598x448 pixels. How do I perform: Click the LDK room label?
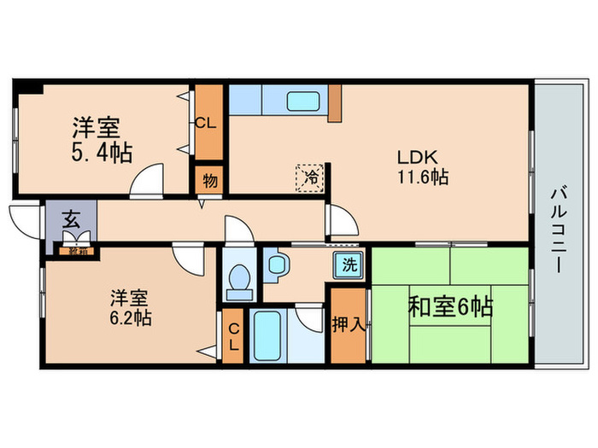tap(415, 158)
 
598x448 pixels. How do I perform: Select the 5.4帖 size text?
tap(101, 153)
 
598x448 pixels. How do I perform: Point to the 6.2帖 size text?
tap(130, 318)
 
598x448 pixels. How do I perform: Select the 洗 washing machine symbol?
tap(349, 264)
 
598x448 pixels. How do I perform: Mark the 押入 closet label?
tap(348, 325)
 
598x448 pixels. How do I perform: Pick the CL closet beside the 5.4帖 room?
tap(206, 123)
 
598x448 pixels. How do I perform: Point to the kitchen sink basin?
tap(302, 101)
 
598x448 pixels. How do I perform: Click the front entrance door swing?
tap(26, 220)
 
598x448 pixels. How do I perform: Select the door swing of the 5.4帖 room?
tap(146, 179)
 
